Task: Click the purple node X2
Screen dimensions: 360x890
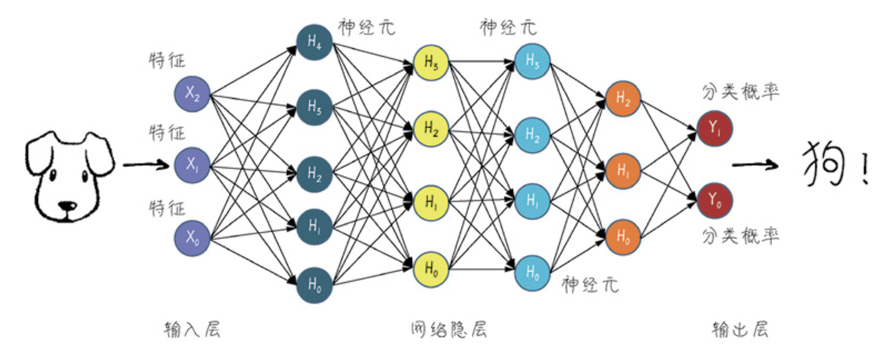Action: [192, 94]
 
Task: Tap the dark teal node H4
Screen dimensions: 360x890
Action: [314, 42]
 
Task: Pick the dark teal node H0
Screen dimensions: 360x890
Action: [314, 285]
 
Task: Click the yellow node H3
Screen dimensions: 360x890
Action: [431, 63]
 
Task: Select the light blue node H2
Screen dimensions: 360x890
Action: [532, 135]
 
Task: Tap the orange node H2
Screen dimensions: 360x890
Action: [623, 98]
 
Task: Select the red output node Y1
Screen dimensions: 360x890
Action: [714, 129]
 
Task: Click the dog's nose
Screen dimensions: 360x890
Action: [68, 206]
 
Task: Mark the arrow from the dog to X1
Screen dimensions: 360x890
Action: [146, 164]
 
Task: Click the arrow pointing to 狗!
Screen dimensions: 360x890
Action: [755, 165]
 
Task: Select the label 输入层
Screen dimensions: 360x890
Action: [192, 330]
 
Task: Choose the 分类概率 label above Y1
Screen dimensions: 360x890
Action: [740, 92]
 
